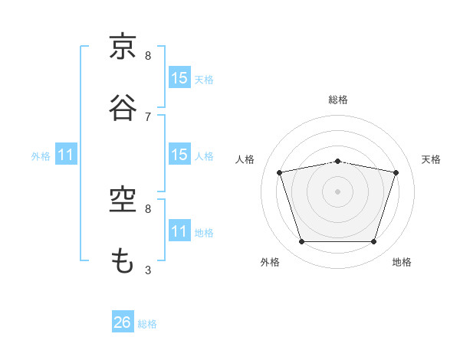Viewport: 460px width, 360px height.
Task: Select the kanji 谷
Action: [x=123, y=107]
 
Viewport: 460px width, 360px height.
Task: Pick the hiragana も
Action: [x=122, y=260]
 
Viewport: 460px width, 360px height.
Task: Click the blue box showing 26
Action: [x=123, y=321]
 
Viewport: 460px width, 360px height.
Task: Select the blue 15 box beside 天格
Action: [x=179, y=77]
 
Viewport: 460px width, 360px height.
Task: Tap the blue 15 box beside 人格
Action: [x=179, y=154]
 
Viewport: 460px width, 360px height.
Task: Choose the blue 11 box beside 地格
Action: [x=179, y=230]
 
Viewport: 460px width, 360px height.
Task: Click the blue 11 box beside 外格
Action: [x=66, y=154]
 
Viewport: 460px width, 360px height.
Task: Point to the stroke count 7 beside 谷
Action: [x=148, y=117]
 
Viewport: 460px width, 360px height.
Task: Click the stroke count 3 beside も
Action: [x=148, y=270]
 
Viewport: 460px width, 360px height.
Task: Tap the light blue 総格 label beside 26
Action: [x=147, y=324]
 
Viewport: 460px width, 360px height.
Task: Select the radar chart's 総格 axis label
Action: [x=338, y=100]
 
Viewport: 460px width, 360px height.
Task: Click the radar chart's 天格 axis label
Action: [x=431, y=159]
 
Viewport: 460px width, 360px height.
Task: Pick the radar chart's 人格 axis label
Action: [x=245, y=159]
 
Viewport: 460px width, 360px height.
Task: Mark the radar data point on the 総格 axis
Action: [x=337, y=162]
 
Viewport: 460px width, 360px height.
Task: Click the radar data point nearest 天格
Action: [x=396, y=172]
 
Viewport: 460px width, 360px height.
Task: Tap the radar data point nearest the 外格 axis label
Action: [x=302, y=241]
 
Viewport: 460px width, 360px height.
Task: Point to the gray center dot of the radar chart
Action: [x=337, y=191]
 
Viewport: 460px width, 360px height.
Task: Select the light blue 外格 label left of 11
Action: [x=41, y=156]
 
